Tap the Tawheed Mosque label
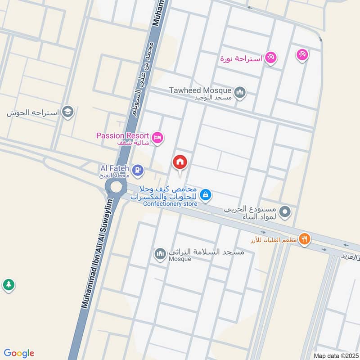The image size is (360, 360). click(x=200, y=90)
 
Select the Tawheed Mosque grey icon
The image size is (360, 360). click(x=240, y=93)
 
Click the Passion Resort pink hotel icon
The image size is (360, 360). click(x=157, y=137)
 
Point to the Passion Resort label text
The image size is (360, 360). click(x=122, y=135)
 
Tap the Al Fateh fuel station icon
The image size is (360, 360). click(x=139, y=170)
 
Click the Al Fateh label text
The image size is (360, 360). click(x=115, y=167)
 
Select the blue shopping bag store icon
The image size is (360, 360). click(x=205, y=195)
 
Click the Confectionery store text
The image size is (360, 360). click(x=170, y=204)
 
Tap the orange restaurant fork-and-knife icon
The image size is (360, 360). click(x=305, y=239)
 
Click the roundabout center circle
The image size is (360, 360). click(x=116, y=186)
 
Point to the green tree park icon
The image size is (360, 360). click(x=8, y=284)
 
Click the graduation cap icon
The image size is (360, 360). click(x=67, y=112)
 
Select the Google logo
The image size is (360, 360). click(x=19, y=353)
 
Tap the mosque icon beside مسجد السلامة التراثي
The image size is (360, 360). click(x=160, y=255)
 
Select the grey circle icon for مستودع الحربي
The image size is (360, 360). click(x=285, y=211)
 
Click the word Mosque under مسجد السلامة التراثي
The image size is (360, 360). click(x=180, y=259)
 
